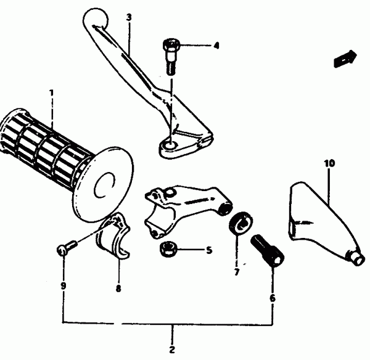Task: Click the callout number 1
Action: coord(51,92)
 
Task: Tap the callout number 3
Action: coord(129,17)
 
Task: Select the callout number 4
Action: coord(216,45)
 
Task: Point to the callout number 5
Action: coord(209,250)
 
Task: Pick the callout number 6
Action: coord(273,298)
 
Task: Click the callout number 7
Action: coord(237,272)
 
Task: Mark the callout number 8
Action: coord(118,288)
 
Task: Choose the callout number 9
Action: coord(64,286)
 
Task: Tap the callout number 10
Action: coord(329,163)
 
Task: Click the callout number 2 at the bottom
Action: coord(172,350)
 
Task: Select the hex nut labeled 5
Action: coord(168,249)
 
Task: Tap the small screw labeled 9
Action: coord(66,247)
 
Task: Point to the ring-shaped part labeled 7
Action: coord(240,223)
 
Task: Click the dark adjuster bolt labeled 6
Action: coord(268,250)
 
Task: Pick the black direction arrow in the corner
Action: coord(345,59)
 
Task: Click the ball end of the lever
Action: coord(96,18)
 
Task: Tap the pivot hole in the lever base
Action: coord(170,145)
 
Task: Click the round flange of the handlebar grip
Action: coord(104,184)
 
